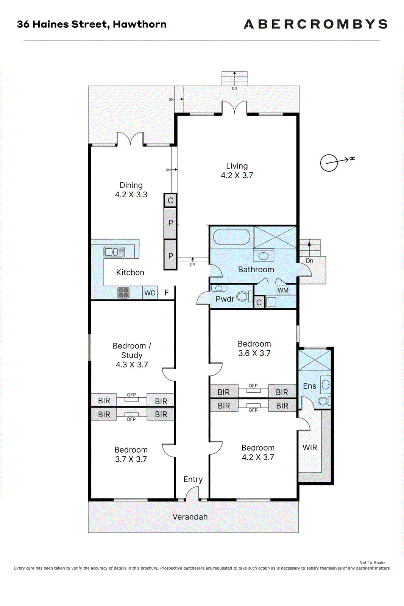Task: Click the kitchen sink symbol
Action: click(x=114, y=252)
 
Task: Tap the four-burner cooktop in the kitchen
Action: click(x=123, y=293)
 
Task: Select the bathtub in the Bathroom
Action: click(x=232, y=237)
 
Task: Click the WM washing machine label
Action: click(x=283, y=290)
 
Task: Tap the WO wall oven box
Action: click(x=150, y=293)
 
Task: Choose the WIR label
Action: click(x=310, y=448)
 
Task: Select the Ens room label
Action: click(x=309, y=386)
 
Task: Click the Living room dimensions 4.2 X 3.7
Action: click(x=237, y=175)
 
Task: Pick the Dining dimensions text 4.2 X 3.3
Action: click(x=131, y=195)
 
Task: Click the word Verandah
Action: click(x=190, y=517)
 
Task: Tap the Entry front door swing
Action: click(x=192, y=493)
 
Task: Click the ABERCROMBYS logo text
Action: click(x=315, y=24)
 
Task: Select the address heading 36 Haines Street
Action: click(x=63, y=24)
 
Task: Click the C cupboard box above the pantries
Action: click(x=170, y=200)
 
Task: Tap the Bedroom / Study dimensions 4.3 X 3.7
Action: click(x=132, y=365)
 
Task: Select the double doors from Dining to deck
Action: click(x=130, y=139)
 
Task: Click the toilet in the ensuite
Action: click(x=324, y=401)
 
